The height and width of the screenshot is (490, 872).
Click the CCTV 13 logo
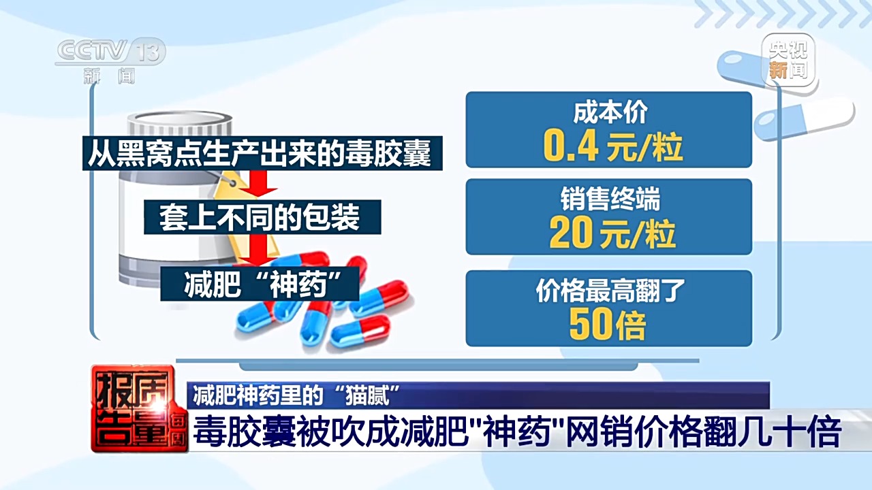tap(110, 61)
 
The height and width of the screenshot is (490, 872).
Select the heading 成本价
tap(610, 112)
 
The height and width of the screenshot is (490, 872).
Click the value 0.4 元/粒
tap(612, 146)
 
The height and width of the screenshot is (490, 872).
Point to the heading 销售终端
tap(610, 199)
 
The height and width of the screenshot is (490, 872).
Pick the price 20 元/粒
tap(612, 233)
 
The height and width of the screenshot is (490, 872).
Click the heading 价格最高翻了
tap(610, 290)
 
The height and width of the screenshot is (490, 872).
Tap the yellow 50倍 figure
tap(608, 325)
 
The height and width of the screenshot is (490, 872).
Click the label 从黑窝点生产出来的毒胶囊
tap(262, 153)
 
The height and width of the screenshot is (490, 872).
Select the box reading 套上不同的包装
tap(262, 217)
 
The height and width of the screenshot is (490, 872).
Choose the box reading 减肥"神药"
tap(260, 284)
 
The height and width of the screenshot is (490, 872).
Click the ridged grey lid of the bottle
tap(180, 124)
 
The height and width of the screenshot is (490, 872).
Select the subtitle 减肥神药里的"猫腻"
tap(296, 395)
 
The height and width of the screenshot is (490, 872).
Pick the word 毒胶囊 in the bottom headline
tap(244, 431)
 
